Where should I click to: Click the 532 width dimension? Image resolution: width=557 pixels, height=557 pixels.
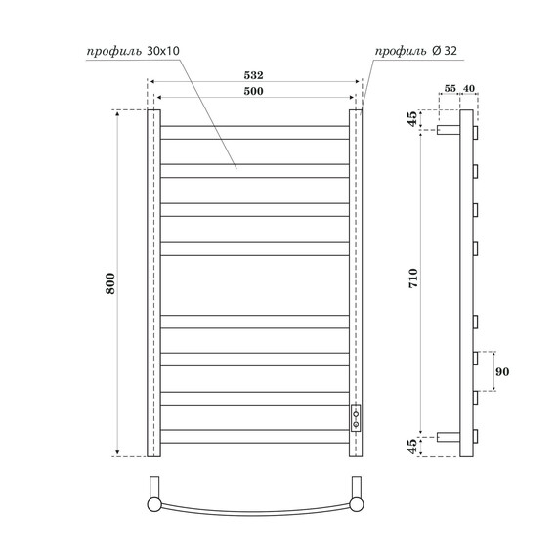254,73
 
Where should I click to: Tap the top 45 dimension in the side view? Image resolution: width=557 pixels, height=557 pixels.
412,120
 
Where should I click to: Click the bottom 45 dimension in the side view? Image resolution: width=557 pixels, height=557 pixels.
412,446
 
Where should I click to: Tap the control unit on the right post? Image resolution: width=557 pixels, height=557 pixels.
356,417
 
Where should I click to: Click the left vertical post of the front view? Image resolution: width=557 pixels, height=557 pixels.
153,283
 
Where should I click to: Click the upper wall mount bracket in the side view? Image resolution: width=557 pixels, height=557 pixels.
449,129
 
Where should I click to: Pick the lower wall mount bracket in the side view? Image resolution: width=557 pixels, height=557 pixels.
449,435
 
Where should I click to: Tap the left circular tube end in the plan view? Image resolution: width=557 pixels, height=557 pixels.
153,504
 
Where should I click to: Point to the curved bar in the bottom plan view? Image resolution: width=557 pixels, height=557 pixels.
254,510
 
